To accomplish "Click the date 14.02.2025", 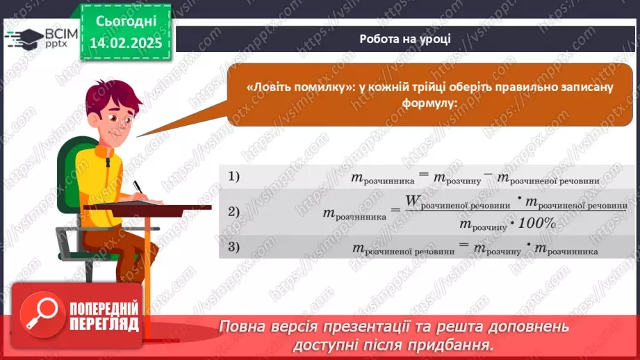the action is [x=126, y=43].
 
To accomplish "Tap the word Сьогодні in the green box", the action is [x=126, y=22].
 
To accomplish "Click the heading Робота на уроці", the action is [x=405, y=39].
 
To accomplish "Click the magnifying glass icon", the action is [x=42, y=314].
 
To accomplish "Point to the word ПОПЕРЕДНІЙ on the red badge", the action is [x=104, y=309].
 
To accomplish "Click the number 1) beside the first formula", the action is [x=234, y=177].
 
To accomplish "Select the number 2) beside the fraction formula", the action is [x=234, y=211].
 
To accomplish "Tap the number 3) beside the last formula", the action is [x=234, y=247].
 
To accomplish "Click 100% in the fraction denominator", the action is [x=537, y=223].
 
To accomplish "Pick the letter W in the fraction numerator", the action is [x=413, y=200].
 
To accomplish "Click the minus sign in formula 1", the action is [x=488, y=174].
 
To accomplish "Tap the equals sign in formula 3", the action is [x=463, y=245].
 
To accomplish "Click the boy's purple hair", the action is [x=111, y=95].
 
